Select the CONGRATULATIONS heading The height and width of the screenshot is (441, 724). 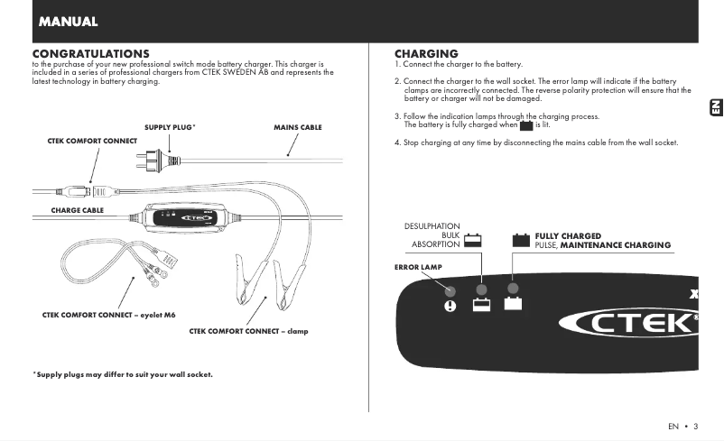[x=90, y=54]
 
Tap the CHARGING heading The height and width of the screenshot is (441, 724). [x=426, y=54]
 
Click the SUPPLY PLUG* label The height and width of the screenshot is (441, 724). [x=170, y=127]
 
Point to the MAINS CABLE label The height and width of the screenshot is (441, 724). [x=298, y=127]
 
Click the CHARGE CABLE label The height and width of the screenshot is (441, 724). [x=77, y=210]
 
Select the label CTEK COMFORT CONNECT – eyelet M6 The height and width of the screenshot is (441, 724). [x=108, y=314]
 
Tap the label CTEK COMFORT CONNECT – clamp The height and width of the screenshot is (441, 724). [x=248, y=331]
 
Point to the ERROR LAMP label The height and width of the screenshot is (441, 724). [x=418, y=267]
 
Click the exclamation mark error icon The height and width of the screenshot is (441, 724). [x=450, y=305]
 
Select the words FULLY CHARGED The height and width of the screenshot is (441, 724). [x=568, y=236]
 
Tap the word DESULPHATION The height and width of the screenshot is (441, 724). [x=432, y=226]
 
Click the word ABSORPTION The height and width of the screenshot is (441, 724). [x=435, y=244]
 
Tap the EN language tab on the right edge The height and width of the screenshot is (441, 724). [x=713, y=107]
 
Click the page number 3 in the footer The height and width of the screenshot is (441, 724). [x=695, y=426]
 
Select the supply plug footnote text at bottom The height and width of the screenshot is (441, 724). [x=122, y=373]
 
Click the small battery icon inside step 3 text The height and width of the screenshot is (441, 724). [x=526, y=125]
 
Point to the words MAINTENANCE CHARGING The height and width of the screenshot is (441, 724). [x=616, y=245]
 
